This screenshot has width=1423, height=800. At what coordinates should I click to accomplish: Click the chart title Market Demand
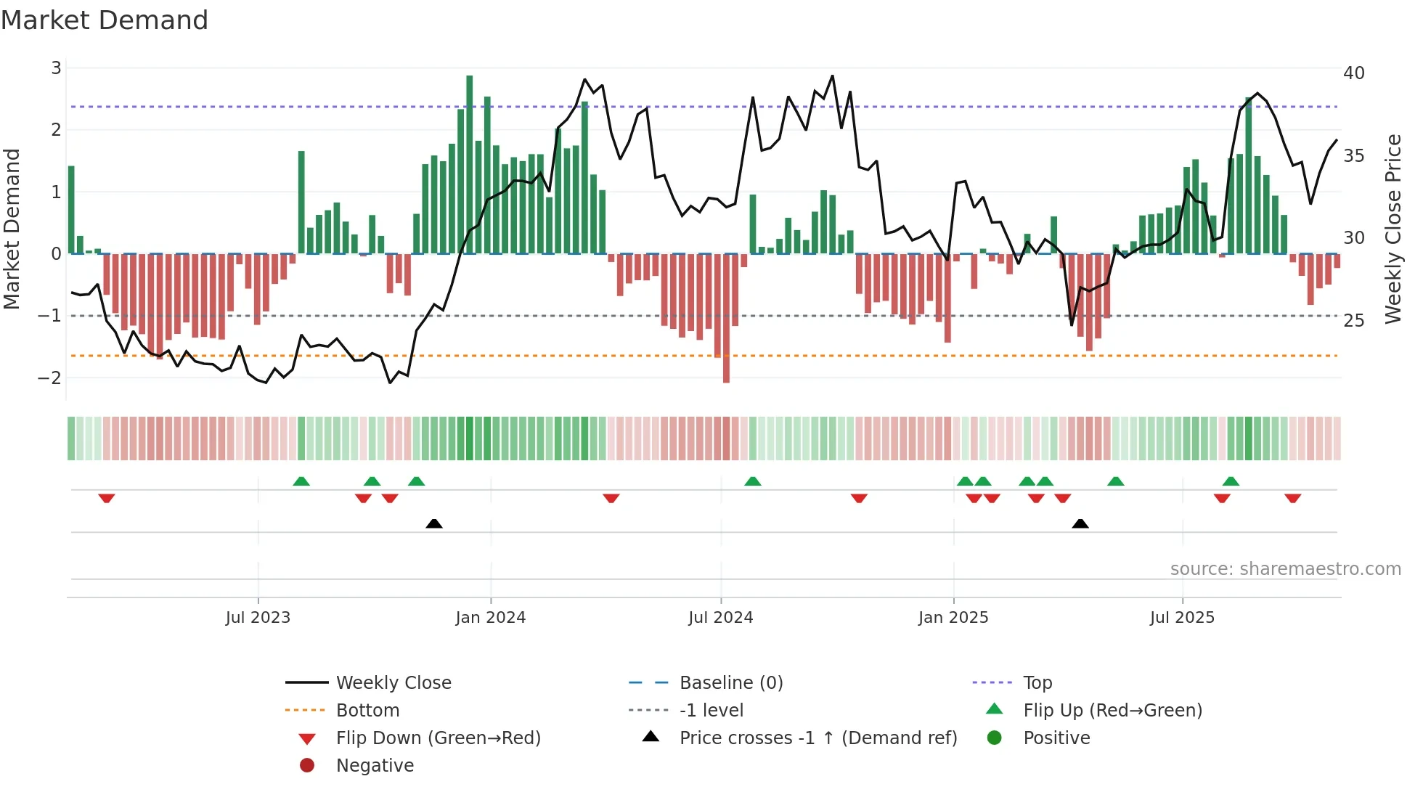point(105,20)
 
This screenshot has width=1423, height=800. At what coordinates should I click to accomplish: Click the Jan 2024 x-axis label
point(490,618)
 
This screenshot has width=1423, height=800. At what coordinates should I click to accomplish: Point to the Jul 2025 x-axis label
point(1181,618)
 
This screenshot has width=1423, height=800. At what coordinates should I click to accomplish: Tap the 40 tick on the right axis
point(1353,73)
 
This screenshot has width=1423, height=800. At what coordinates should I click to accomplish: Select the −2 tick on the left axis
point(50,377)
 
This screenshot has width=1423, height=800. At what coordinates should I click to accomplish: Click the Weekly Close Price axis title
point(1393,229)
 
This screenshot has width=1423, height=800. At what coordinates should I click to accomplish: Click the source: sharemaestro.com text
point(1285,569)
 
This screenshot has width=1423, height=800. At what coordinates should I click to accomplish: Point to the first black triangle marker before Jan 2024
point(434,523)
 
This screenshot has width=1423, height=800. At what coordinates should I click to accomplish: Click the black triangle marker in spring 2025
point(1080,523)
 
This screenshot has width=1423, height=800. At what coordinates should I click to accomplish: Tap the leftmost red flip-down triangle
point(107,498)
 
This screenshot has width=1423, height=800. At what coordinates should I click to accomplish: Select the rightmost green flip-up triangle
point(1231,481)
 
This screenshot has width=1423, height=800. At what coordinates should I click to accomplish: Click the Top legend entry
point(1037,683)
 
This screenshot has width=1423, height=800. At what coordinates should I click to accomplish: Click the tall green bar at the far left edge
point(71,210)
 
